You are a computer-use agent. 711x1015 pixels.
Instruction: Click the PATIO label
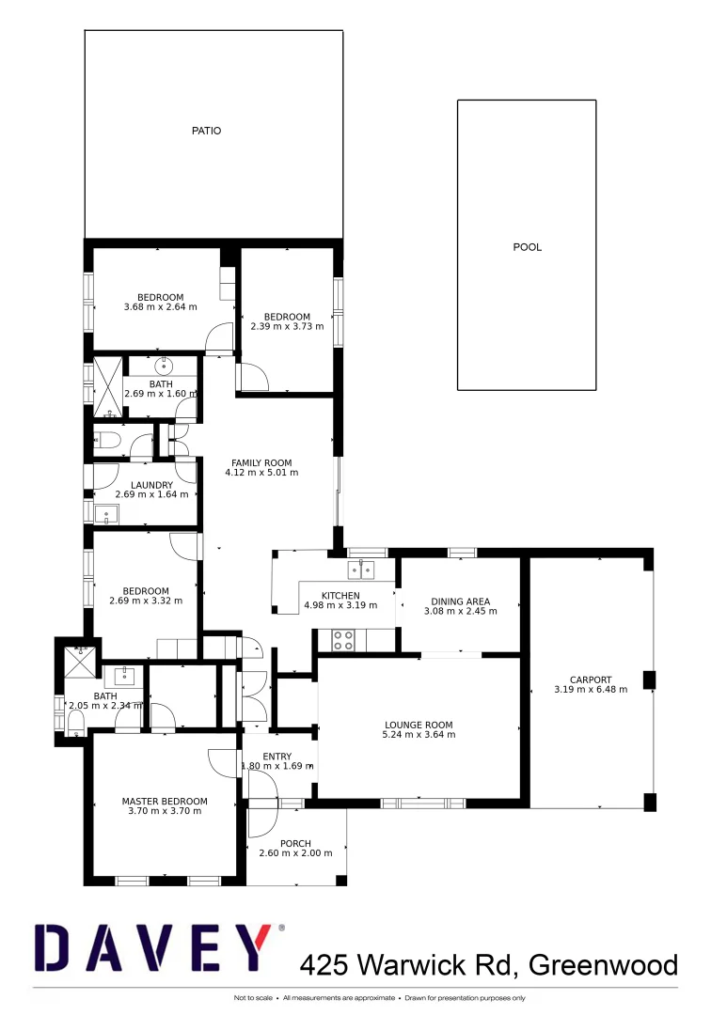tap(206, 131)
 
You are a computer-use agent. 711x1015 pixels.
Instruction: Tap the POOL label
tap(527, 247)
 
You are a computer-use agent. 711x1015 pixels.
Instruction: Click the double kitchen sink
tap(360, 569)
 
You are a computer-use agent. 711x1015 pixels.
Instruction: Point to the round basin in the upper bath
tap(164, 365)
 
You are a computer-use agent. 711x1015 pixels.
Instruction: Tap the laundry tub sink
tap(106, 513)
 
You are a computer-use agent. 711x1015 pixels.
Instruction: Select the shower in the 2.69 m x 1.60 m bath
tap(108, 387)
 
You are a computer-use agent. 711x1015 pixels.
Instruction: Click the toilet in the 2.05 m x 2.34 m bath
tap(75, 721)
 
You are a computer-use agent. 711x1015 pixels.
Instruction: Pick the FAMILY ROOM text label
tap(261, 462)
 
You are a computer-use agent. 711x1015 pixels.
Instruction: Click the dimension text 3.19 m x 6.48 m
tap(591, 691)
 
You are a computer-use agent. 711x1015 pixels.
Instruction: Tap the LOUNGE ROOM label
tap(419, 725)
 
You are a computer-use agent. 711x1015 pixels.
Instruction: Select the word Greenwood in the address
tap(603, 964)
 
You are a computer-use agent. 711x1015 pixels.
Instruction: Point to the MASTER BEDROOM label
tap(165, 802)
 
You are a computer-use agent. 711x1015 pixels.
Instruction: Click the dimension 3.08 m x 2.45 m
tap(461, 611)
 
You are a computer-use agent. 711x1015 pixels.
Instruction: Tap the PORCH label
tap(295, 843)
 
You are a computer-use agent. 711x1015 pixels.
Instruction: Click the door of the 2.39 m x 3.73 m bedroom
tap(254, 378)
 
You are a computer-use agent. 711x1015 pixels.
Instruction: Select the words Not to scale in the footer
tap(253, 997)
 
